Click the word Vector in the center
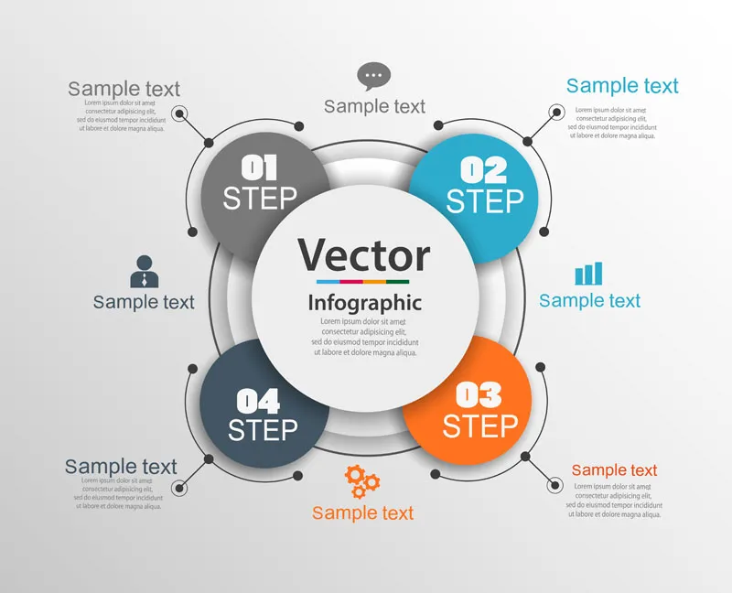click(364, 255)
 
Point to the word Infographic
click(365, 304)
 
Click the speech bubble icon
click(374, 76)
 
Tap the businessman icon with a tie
click(145, 271)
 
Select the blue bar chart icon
click(588, 274)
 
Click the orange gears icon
click(362, 481)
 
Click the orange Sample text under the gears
click(362, 513)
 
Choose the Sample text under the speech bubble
click(374, 106)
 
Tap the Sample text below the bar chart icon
click(589, 301)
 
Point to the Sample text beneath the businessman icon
click(144, 302)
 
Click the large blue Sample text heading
click(622, 86)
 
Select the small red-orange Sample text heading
click(614, 470)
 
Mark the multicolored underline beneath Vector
click(362, 282)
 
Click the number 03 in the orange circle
click(479, 395)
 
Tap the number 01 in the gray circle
click(259, 167)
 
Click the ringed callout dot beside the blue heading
click(555, 112)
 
